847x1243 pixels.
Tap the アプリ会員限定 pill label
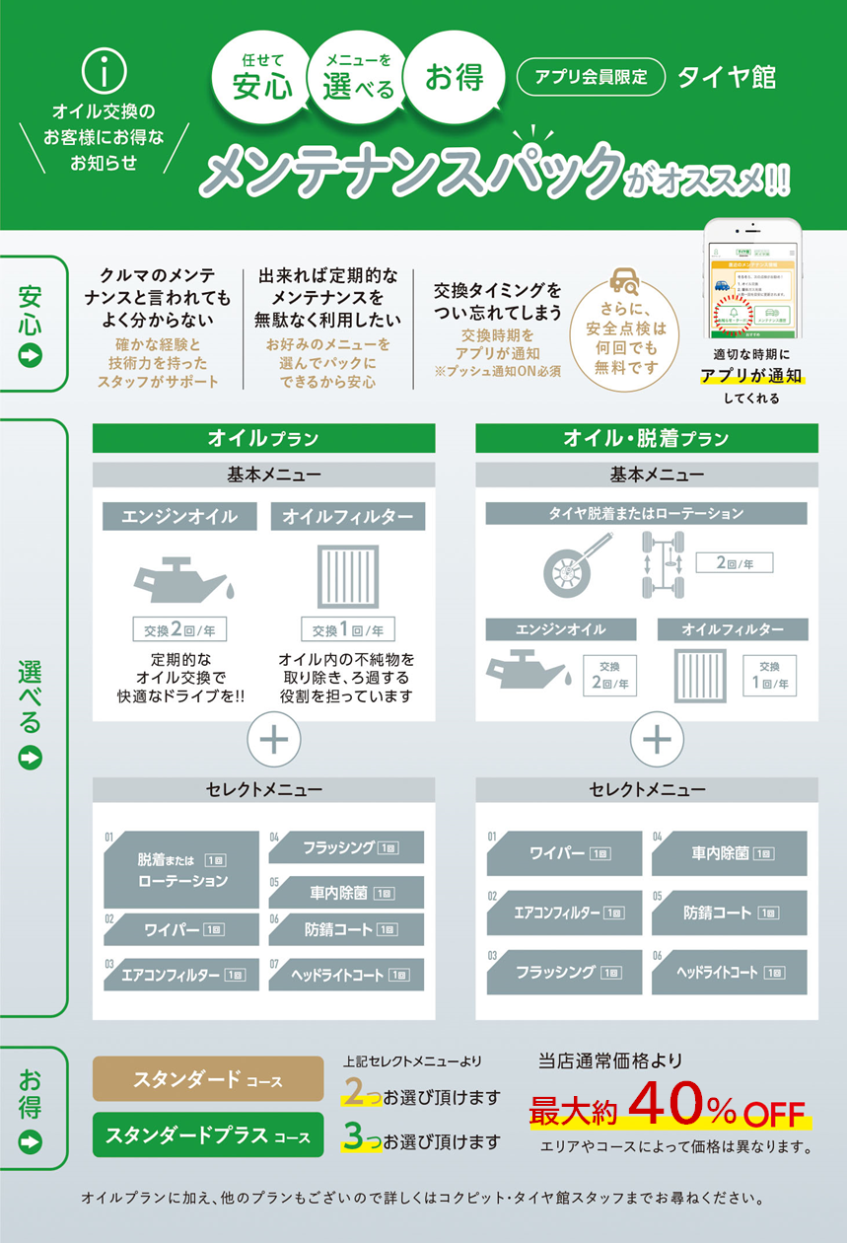pos(591,77)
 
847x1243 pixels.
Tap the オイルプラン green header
pos(263,438)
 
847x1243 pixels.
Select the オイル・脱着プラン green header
pos(646,438)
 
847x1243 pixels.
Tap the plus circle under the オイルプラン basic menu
pos(273,741)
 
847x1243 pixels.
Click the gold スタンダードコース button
pos(207,1080)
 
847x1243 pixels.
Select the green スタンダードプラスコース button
pos(207,1134)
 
